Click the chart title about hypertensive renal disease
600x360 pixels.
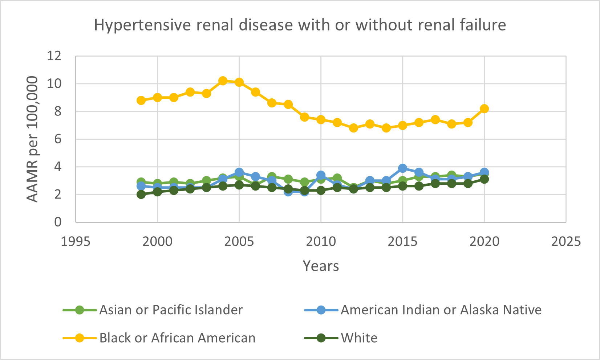click(300, 25)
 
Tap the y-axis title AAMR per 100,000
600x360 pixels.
click(32, 139)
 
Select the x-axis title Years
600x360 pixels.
click(321, 266)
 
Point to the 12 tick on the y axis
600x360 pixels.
click(54, 56)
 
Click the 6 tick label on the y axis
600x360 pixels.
click(57, 139)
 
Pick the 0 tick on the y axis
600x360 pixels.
click(57, 222)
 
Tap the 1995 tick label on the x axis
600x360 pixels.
click(76, 241)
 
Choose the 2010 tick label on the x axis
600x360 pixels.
click(321, 241)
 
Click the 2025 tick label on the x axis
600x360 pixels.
click(566, 241)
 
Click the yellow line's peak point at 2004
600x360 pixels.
click(223, 81)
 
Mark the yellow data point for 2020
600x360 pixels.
click(484, 109)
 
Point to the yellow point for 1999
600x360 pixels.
click(141, 100)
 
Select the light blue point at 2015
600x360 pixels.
click(402, 168)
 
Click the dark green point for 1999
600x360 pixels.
click(141, 194)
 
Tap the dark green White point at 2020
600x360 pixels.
click(484, 179)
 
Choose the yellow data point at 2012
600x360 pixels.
click(353, 128)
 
